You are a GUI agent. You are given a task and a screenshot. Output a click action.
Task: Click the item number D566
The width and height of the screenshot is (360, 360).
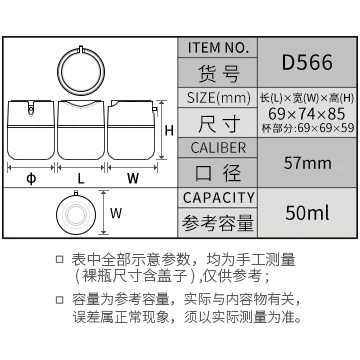tap(307, 62)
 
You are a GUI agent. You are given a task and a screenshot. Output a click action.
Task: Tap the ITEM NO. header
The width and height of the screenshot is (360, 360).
tap(218, 48)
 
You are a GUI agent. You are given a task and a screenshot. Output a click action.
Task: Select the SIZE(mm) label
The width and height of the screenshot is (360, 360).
tap(218, 98)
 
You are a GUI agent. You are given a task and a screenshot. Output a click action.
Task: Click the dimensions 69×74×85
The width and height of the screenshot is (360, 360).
tap(307, 114)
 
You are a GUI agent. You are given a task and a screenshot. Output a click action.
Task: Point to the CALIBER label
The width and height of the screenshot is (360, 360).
tap(218, 148)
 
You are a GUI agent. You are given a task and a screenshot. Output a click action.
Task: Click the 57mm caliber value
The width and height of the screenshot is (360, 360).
tap(307, 163)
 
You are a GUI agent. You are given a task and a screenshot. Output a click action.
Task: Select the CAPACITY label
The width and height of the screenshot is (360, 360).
tap(218, 198)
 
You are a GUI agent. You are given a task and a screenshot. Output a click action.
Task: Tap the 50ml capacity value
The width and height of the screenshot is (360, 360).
tap(307, 213)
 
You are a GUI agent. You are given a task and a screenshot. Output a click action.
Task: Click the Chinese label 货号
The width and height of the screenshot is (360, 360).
tap(219, 73)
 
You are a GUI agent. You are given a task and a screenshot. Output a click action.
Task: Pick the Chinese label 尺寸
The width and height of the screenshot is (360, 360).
tap(219, 123)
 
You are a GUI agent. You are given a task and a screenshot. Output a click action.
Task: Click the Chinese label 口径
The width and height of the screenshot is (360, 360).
tap(218, 173)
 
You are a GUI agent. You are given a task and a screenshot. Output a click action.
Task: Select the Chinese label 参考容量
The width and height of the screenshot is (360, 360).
tap(218, 223)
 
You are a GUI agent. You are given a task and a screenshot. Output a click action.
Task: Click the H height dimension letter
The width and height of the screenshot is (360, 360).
tap(169, 131)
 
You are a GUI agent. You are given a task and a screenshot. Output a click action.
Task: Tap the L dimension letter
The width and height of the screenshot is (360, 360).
tap(81, 179)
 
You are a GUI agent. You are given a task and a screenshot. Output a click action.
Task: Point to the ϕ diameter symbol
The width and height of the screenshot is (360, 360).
tap(31, 179)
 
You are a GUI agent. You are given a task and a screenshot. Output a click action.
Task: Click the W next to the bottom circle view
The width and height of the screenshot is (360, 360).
tap(116, 213)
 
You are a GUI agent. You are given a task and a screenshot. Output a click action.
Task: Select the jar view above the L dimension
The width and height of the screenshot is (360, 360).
tap(81, 130)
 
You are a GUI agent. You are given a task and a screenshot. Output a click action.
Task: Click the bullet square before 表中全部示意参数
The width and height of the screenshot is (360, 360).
tap(59, 260)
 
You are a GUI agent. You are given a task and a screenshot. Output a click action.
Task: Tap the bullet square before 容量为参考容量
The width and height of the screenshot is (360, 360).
tap(59, 300)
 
